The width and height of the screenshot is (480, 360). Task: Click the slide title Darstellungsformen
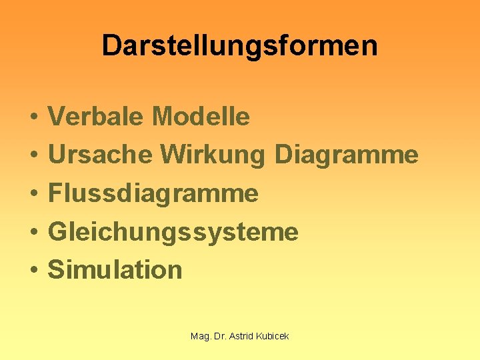coord(239,46)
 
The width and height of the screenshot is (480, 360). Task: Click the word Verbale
coord(96,117)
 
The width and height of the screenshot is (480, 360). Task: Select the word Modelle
coord(201,117)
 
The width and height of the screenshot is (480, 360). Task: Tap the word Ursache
coord(100,155)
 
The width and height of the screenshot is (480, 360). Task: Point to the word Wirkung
coord(213,155)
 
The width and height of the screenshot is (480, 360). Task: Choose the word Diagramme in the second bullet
coord(346,155)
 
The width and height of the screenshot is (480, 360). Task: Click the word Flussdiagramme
coord(153,193)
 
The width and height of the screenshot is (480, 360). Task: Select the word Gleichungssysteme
coord(173,232)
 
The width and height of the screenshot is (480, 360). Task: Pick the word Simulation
coord(115,270)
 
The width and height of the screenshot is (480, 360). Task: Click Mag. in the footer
coord(200,337)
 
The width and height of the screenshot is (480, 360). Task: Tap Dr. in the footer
coord(219,336)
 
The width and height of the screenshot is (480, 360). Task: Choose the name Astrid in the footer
coord(241,336)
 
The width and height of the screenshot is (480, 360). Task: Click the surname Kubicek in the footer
coord(273,336)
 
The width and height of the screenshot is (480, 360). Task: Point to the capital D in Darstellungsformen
coord(111,46)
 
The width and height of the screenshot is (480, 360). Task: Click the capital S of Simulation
coord(56,270)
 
